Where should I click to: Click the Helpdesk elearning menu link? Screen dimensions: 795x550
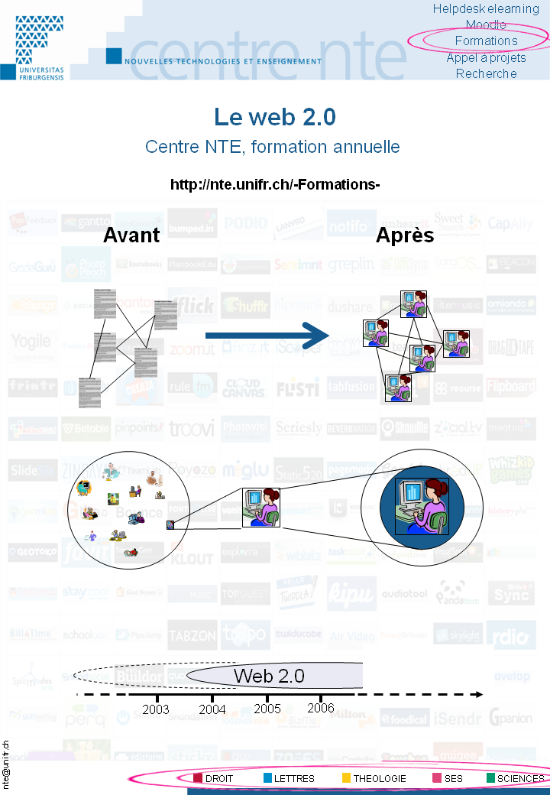point(486,8)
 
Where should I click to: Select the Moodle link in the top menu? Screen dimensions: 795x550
point(486,24)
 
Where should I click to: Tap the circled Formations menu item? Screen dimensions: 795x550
point(486,41)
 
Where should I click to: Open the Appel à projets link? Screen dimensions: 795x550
point(486,57)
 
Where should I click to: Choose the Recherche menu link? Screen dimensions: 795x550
point(486,73)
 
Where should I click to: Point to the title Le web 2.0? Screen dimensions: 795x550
point(275,117)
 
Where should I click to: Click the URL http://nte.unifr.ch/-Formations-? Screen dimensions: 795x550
point(275,185)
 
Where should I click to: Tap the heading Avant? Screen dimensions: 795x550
point(131,235)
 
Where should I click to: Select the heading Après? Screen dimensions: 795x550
point(405,235)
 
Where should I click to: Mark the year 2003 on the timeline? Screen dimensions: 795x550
point(156,709)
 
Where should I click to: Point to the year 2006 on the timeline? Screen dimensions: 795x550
point(321,708)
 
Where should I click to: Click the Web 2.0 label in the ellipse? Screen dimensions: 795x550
point(269,676)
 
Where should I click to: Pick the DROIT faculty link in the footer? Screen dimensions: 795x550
point(218,779)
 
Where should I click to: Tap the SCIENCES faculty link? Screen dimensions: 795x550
point(520,779)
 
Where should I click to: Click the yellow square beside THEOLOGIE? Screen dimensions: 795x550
point(346,779)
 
